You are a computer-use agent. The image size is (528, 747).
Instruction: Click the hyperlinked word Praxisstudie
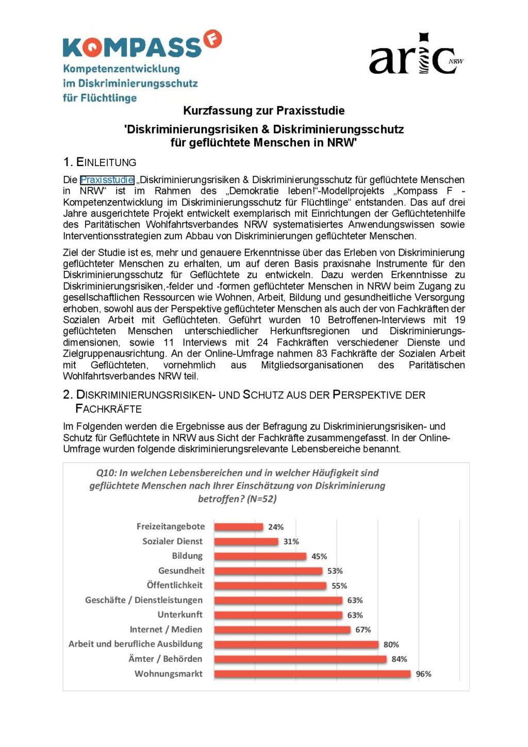coord(107,180)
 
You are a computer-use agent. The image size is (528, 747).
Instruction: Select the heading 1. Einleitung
coord(100,162)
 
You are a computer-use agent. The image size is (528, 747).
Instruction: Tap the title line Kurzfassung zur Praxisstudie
coord(263,110)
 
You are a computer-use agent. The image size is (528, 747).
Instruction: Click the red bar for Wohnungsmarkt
coord(312,674)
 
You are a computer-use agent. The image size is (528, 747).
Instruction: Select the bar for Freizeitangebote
coord(238,527)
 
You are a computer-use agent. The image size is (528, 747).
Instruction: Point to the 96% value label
coord(423,674)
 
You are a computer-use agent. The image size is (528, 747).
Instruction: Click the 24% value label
coord(276,527)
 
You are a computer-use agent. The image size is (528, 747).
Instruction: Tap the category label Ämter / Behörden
coord(165,659)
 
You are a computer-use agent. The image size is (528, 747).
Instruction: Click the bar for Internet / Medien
coord(282,629)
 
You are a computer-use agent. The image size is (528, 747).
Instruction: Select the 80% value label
coord(391,644)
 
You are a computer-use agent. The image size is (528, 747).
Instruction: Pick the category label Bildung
coord(187,556)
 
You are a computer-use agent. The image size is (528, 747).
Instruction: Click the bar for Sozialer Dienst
coord(246,541)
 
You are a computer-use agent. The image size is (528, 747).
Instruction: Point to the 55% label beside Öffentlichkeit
coord(339,586)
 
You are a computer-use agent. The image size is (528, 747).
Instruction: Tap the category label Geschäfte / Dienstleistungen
coord(144,600)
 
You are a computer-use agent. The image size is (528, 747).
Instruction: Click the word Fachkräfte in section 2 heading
coord(108,409)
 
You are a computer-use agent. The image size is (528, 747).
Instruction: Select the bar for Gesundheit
coord(268,571)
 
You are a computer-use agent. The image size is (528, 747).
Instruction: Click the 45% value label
coord(319,556)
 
